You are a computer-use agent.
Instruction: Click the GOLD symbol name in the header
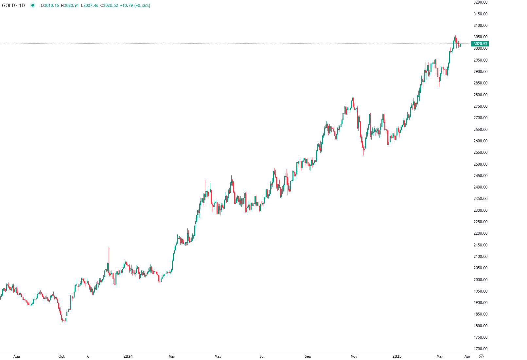coord(9,6)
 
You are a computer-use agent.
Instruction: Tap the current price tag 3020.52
coord(480,44)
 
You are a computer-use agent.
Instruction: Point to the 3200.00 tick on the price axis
coord(480,2)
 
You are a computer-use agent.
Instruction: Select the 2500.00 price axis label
coord(480,164)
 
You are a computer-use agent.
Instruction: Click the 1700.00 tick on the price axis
coord(480,349)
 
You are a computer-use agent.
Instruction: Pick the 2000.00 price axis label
coord(480,280)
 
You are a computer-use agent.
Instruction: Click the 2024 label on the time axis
coord(128,356)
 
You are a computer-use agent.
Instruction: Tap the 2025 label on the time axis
coord(397,356)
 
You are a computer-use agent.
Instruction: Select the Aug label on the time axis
coord(17,356)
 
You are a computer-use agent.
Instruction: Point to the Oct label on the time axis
coord(61,356)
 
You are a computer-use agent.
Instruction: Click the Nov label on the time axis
coord(354,356)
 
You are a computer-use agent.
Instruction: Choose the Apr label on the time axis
coord(467,356)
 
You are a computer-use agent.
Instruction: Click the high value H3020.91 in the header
coord(70,6)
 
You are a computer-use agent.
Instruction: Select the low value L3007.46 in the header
coord(90,6)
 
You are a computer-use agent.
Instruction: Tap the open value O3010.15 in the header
coord(50,6)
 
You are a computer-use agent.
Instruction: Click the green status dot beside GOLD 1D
coord(32,5)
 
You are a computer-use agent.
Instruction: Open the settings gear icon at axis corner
coord(481,356)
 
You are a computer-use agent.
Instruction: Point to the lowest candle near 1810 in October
coord(65,321)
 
